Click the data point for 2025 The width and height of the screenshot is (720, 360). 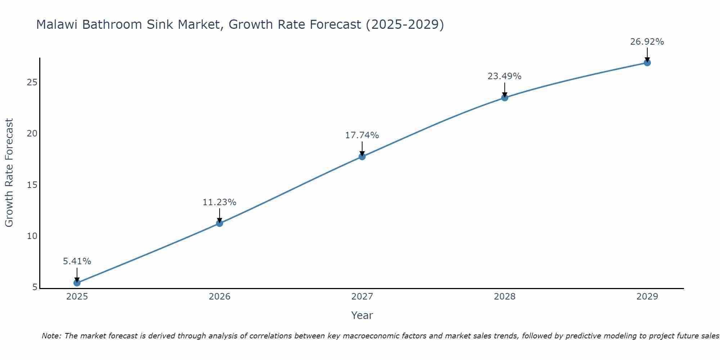tap(77, 283)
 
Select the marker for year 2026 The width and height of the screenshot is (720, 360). tap(220, 223)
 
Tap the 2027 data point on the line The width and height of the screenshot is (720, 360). tap(362, 157)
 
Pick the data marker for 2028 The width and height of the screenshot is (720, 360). tap(505, 98)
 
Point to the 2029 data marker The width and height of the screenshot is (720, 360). tap(647, 63)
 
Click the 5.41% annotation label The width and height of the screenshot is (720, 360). tap(77, 261)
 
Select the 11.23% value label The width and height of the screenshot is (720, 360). tap(220, 202)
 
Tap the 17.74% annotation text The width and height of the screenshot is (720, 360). tap(362, 135)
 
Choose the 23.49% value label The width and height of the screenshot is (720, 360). tap(504, 76)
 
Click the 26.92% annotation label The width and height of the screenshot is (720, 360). tap(647, 42)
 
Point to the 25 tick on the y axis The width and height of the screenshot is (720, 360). tap(32, 82)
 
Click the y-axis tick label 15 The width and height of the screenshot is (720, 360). tap(32, 185)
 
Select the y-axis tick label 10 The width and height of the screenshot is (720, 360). tap(32, 236)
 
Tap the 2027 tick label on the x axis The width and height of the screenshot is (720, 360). tap(362, 297)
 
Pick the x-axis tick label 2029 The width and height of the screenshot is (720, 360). tap(647, 297)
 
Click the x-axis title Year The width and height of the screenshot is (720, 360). tap(362, 315)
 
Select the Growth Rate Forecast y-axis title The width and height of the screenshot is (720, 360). tap(9, 173)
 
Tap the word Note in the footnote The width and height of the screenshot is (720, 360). tap(52, 336)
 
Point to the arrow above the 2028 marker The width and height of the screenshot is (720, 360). tap(505, 89)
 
